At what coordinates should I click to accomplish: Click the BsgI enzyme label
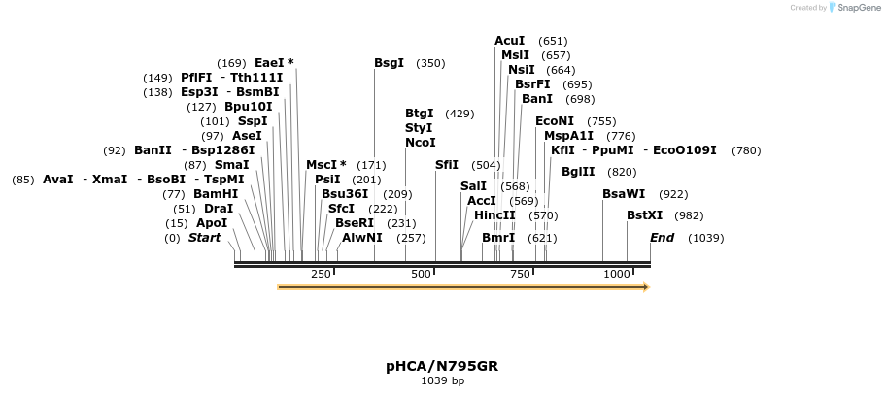point(389,63)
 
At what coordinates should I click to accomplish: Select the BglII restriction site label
point(578,172)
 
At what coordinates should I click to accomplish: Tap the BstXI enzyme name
point(644,215)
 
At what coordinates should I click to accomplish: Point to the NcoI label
point(421,143)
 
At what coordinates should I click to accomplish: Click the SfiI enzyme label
point(447,165)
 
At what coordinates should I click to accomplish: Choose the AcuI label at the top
point(509,41)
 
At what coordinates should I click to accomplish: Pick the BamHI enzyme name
point(216,194)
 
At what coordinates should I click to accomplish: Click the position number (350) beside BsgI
point(430,64)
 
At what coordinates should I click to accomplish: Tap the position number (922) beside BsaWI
point(674,195)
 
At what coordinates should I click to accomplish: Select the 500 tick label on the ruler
point(421,274)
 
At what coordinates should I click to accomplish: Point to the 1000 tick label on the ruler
point(617,274)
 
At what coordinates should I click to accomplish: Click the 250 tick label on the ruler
point(322,274)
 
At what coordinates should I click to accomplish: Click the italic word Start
point(204,238)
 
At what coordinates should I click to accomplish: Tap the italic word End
point(663,238)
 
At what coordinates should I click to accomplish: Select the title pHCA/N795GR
point(442,366)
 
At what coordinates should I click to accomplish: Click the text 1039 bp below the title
point(443,380)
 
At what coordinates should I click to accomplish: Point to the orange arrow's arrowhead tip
point(650,287)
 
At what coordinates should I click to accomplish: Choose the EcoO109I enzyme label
point(685,150)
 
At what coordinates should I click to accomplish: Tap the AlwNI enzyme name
point(361,238)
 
